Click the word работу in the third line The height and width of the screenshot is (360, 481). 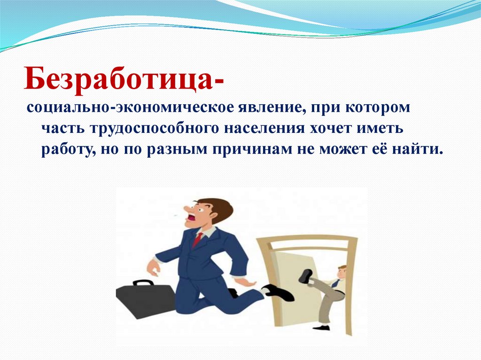point(68,150)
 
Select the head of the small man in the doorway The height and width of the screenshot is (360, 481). point(341,272)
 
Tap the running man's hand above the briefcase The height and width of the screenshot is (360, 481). point(153,268)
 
